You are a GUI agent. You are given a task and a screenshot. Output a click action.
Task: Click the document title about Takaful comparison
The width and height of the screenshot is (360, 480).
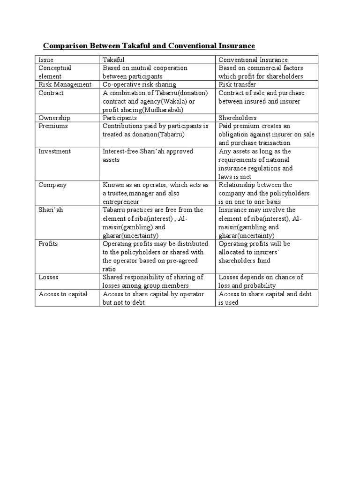pyautogui.click(x=149, y=46)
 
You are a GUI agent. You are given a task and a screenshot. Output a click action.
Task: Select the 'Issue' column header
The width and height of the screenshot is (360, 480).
pyautogui.click(x=46, y=60)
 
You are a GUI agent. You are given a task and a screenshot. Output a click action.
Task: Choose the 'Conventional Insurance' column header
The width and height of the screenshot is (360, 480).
pyautogui.click(x=253, y=60)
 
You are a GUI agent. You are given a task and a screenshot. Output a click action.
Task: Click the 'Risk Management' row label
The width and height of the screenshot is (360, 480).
pyautogui.click(x=65, y=85)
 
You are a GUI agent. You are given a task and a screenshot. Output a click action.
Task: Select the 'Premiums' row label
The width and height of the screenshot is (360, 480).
pyautogui.click(x=53, y=126)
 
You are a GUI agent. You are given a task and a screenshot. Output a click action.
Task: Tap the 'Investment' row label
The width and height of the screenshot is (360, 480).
pyautogui.click(x=55, y=151)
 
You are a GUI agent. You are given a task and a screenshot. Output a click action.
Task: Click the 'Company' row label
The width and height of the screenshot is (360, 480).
pyautogui.click(x=52, y=185)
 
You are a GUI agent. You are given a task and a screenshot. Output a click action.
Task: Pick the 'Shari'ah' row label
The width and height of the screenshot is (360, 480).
pyautogui.click(x=51, y=210)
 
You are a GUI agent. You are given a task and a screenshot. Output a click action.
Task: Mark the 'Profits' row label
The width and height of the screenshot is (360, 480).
pyautogui.click(x=49, y=244)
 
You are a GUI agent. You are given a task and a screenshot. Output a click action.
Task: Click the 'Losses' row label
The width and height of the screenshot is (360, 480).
pyautogui.click(x=48, y=277)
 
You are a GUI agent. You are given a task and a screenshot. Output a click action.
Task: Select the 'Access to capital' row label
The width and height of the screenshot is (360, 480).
pyautogui.click(x=63, y=294)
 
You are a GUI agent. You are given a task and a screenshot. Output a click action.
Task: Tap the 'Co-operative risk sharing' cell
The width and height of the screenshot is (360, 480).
pyautogui.click(x=139, y=85)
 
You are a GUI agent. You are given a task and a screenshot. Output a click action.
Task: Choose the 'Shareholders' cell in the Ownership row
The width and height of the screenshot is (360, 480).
pyautogui.click(x=237, y=118)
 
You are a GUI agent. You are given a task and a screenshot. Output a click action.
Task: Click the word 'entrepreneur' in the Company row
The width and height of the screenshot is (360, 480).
pyautogui.click(x=122, y=202)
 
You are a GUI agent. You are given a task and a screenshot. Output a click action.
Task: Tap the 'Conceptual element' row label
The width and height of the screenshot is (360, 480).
pyautogui.click(x=54, y=72)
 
